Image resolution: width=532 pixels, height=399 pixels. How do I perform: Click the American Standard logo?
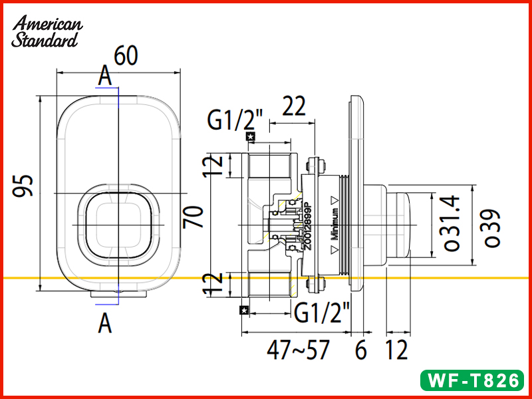point(47,32)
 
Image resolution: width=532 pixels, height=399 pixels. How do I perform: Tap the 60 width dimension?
point(126,56)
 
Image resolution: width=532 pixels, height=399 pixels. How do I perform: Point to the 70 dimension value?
point(194,217)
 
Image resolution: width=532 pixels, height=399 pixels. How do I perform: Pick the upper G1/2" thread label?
point(235,121)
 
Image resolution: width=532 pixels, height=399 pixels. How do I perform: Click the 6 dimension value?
point(360,350)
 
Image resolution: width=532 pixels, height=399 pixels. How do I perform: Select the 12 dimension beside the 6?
point(396,350)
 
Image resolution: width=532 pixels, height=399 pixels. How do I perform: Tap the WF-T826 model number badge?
point(472,381)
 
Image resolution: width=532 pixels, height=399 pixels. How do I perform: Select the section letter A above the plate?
point(104,76)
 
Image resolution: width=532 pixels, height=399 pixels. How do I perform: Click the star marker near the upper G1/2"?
point(250,137)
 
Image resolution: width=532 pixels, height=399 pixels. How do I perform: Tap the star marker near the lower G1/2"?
point(244,309)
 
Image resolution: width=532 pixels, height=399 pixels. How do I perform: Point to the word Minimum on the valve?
point(336,223)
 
